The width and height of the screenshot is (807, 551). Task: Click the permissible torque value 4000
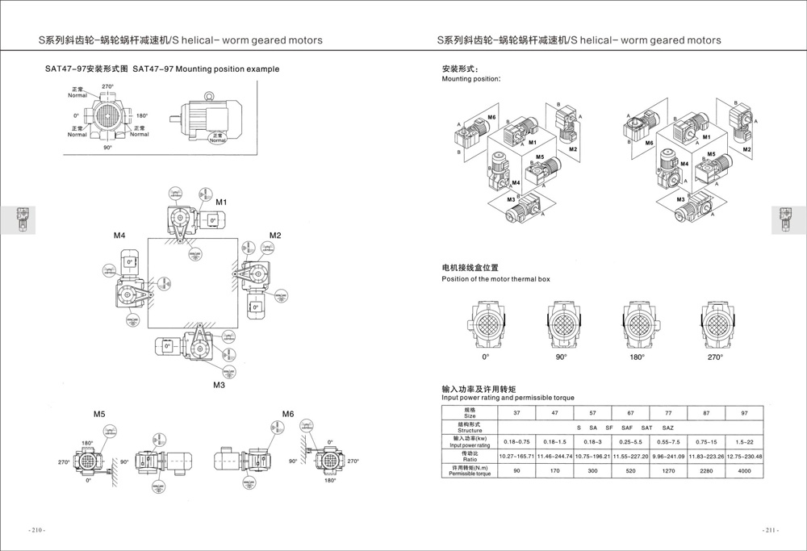click(744, 471)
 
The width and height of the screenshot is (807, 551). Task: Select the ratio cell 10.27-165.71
click(522, 457)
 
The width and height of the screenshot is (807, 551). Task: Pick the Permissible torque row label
click(470, 471)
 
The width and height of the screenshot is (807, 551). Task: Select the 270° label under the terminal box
click(715, 357)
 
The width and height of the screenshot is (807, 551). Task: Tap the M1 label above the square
click(221, 200)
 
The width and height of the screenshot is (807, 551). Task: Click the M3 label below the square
click(219, 385)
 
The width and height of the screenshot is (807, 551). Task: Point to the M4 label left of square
click(119, 236)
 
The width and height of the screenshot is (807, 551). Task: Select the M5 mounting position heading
click(98, 414)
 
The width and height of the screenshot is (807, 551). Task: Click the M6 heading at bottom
click(288, 414)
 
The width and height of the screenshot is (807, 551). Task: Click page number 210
click(37, 530)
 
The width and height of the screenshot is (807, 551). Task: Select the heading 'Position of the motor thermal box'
click(495, 279)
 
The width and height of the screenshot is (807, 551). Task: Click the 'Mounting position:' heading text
click(470, 79)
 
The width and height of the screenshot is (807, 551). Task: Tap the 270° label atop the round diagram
click(107, 86)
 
